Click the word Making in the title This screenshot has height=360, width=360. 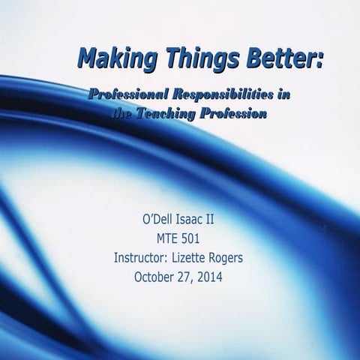point(115,56)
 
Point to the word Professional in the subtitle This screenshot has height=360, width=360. point(127,95)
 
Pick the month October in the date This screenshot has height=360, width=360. point(154,277)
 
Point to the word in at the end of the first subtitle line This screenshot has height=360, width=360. point(283,95)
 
